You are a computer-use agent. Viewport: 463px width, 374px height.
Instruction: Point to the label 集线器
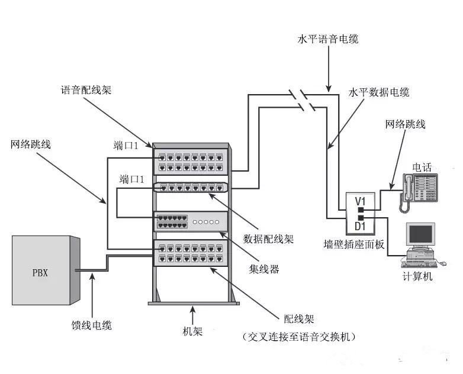[263, 269]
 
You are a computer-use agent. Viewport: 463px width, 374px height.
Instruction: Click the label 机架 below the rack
[193, 331]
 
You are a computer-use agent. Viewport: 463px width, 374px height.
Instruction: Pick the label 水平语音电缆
[327, 40]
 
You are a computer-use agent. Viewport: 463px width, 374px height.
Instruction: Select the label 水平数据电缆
[379, 93]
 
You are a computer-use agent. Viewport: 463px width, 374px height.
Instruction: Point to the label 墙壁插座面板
[355, 243]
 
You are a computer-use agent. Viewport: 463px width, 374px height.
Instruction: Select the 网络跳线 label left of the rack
[30, 144]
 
